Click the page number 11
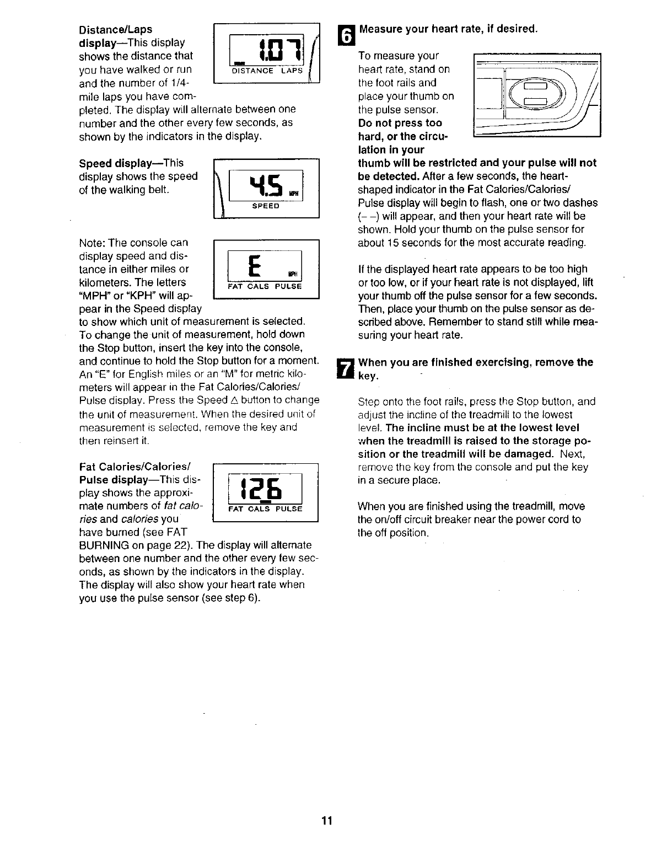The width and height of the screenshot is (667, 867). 327,821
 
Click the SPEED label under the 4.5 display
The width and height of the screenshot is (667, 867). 266,206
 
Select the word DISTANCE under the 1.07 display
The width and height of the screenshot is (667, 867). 252,71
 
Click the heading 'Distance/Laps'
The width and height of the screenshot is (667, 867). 116,29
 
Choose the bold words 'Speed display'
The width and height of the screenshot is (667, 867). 115,163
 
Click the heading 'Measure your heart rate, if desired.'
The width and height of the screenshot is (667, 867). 448,29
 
